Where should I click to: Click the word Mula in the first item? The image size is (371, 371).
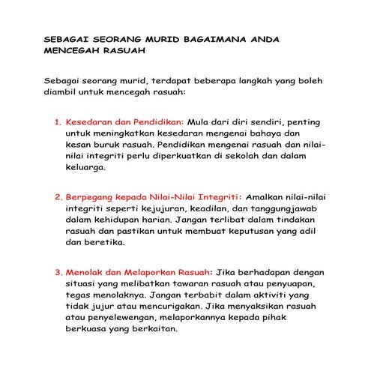[x=202, y=121]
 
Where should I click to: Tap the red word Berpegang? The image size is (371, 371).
[x=92, y=199]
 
